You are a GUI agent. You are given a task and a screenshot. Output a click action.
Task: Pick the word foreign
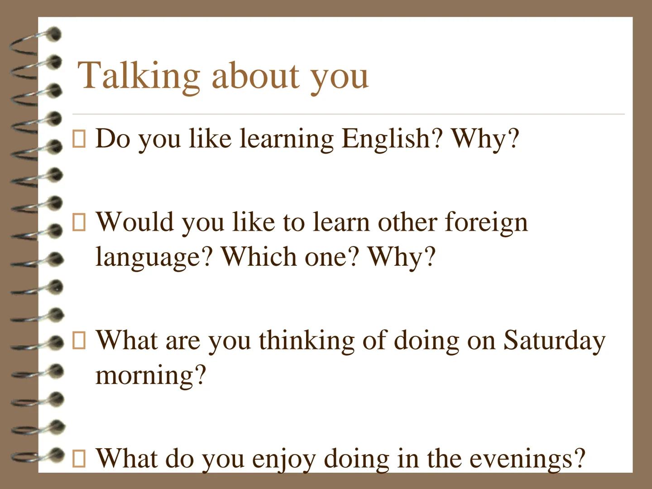point(486,223)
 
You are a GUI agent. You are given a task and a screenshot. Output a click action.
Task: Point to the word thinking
point(307,341)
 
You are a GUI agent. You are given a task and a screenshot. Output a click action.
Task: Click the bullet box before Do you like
point(79,139)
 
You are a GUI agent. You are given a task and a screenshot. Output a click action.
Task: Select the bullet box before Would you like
point(79,222)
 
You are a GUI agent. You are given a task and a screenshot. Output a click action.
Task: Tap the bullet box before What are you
point(79,340)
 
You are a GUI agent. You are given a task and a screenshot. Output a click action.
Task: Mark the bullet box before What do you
point(79,458)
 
